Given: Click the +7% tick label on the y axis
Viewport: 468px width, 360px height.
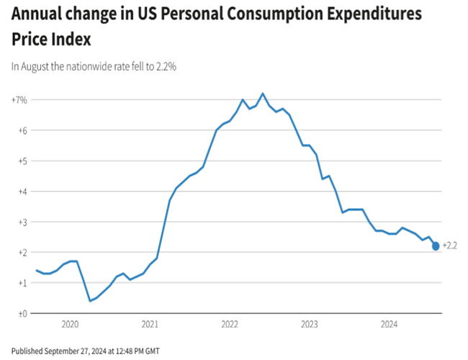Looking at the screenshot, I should pos(19,99).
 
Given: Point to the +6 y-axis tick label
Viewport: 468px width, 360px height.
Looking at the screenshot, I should pos(22,130).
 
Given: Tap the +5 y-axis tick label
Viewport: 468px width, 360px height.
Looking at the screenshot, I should pos(22,161).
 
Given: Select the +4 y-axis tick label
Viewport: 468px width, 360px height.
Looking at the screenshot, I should pos(22,192).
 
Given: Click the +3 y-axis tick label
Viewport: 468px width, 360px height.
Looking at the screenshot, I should pos(22,222).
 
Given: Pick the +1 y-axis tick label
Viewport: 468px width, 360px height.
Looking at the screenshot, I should pos(22,283).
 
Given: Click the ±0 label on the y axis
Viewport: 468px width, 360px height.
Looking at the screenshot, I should pos(22,313).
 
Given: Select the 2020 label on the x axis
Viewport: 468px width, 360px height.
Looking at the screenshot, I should pos(70,324).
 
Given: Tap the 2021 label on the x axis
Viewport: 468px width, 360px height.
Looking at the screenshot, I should pos(149,324).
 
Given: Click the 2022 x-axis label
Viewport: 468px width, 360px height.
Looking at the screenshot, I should pos(229,324).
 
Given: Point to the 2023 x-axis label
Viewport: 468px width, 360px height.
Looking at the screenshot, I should pos(309,324).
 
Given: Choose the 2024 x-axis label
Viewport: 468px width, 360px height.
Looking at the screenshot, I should pos(389,324).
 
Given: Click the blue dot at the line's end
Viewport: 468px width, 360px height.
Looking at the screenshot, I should pos(436,246).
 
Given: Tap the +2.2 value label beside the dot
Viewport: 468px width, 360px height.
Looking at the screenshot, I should pos(450,246).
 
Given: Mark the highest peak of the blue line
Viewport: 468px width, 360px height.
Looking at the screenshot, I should pos(262,94).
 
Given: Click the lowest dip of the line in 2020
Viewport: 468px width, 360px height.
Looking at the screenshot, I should pos(89,301).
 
